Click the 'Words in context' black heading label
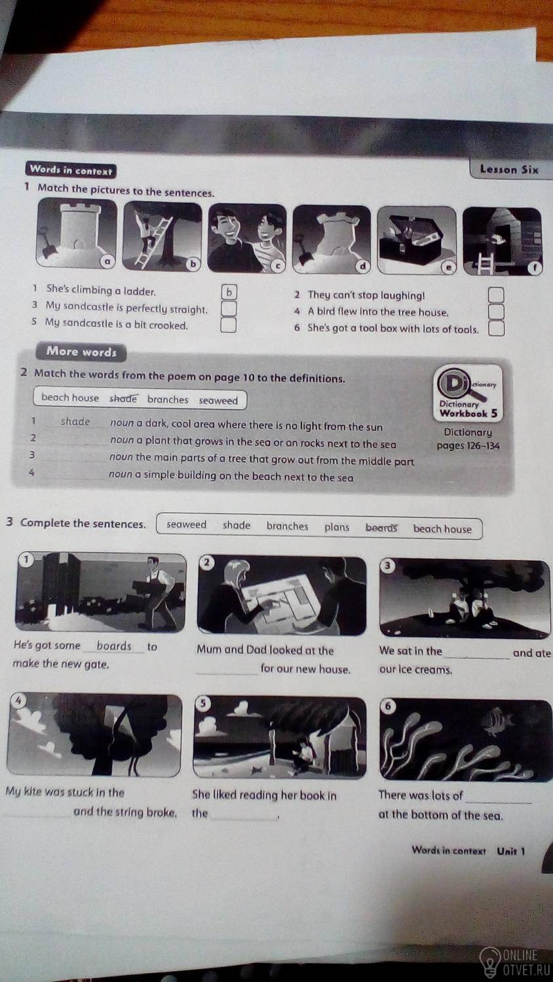[71, 170]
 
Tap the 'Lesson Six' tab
[509, 170]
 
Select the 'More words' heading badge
[81, 352]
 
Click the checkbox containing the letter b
[229, 292]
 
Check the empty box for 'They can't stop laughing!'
[496, 295]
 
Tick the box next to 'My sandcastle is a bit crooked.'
[228, 325]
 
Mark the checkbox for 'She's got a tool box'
[497, 329]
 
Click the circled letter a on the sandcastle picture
[107, 262]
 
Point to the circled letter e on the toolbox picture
[448, 267]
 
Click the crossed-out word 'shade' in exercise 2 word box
[123, 399]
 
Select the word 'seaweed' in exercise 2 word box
[218, 401]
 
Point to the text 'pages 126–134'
[468, 446]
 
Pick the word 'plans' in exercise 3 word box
[337, 527]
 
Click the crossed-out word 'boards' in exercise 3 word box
[381, 528]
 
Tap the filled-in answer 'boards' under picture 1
[114, 646]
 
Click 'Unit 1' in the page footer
[511, 851]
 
